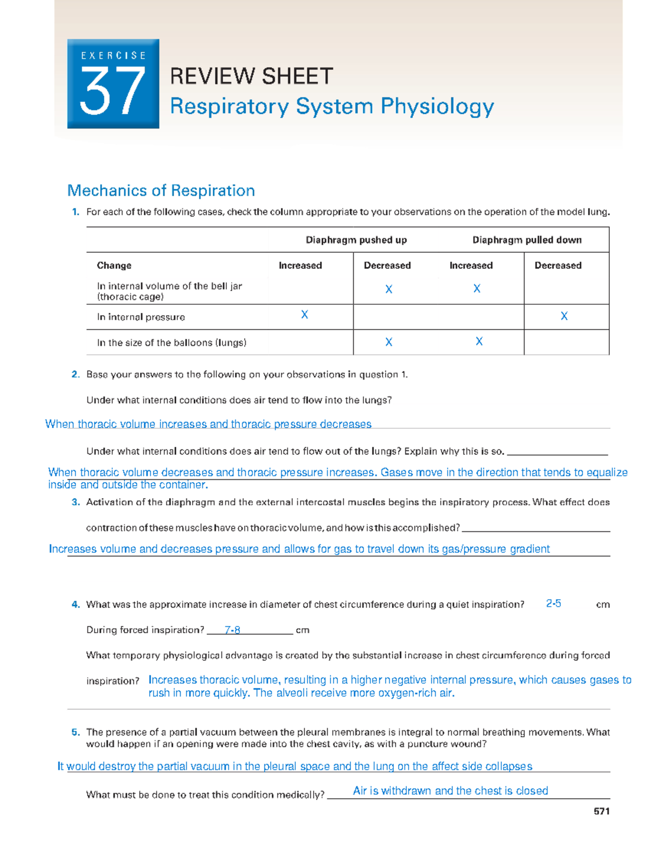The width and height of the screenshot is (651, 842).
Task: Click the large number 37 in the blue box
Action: coord(113,92)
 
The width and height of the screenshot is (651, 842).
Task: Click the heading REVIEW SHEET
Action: coord(251,76)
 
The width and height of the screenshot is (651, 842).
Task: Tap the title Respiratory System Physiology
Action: coord(331,106)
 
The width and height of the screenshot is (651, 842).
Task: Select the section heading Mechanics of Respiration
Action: coord(161,191)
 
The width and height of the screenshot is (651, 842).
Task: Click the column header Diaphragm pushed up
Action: coord(356,240)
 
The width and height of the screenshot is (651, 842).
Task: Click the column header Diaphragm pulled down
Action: coord(527,240)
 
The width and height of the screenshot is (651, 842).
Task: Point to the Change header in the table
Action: coord(114,266)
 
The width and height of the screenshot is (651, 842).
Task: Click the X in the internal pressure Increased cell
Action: coord(304,314)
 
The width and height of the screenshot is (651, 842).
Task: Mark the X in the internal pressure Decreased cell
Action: coord(564,316)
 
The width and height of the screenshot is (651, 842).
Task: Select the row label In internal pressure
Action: coord(141,317)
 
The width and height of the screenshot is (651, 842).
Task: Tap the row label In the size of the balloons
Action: coord(171,343)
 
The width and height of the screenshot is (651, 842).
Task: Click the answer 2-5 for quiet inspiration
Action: coord(553,603)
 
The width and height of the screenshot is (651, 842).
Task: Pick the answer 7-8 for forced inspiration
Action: coord(232,630)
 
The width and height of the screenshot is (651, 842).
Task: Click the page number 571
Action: coord(602,811)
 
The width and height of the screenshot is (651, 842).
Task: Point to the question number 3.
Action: coord(75,502)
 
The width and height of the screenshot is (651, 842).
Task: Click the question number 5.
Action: coord(75,732)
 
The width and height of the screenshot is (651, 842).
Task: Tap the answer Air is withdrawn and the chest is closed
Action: coord(450,791)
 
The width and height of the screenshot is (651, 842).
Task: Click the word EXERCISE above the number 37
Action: coord(113,55)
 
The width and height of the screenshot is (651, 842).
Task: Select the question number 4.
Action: coord(75,605)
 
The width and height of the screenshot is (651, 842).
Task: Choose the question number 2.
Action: coord(75,374)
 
